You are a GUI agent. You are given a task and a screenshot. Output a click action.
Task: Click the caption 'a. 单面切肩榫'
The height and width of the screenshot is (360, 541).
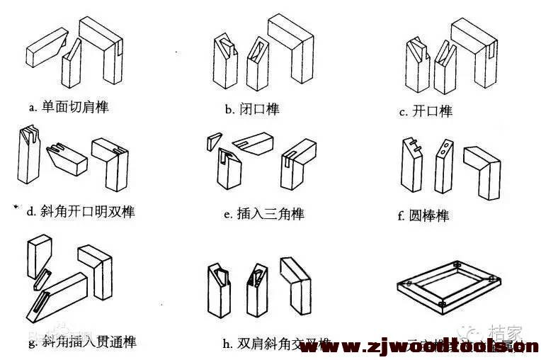[x=69, y=108]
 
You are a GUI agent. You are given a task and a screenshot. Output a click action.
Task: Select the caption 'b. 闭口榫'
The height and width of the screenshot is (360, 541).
[x=251, y=109]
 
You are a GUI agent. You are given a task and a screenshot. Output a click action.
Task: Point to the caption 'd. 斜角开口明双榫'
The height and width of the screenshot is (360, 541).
[x=80, y=211]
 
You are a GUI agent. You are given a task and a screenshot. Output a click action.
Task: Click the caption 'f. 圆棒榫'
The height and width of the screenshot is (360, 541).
[x=423, y=215]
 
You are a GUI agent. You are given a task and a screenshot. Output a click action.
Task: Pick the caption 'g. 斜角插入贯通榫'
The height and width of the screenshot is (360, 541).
[x=82, y=342]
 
